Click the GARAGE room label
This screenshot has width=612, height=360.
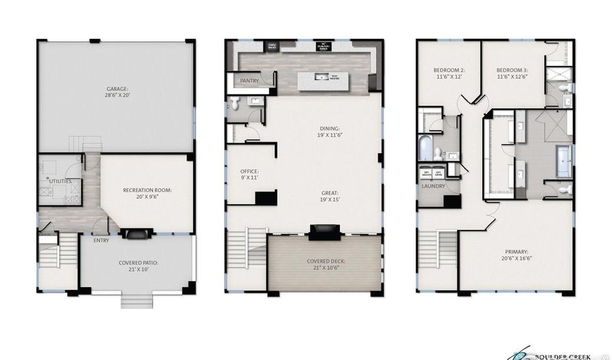117,89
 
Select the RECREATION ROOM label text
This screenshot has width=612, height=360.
147,190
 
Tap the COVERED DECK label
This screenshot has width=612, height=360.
324,263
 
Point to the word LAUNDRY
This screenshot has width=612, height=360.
433,186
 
